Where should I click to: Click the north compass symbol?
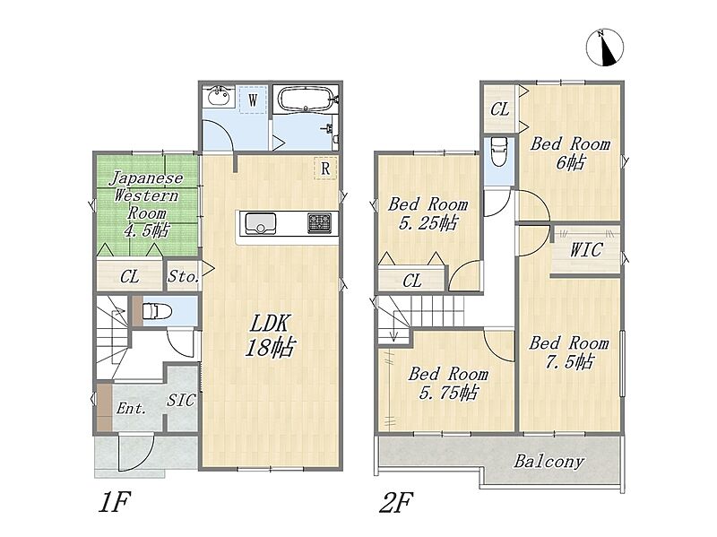point(605,48)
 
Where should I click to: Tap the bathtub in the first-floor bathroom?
point(306,99)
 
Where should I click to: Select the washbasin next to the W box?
point(218,96)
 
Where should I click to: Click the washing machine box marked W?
point(253,100)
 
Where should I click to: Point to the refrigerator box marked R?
point(325,168)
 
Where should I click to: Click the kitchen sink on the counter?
point(261,223)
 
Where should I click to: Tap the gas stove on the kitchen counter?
point(319,223)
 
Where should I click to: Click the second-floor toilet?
point(499,152)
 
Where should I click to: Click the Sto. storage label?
point(183,276)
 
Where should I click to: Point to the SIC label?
point(181,401)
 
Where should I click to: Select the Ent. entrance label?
point(131,408)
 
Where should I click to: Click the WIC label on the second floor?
point(586,250)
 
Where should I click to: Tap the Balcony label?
point(549,461)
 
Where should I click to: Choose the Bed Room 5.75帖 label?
point(448,384)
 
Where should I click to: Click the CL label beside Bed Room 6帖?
point(499,109)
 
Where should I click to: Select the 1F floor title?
point(115,502)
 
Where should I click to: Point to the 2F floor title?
point(396,502)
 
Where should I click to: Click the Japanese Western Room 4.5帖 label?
point(146,204)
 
